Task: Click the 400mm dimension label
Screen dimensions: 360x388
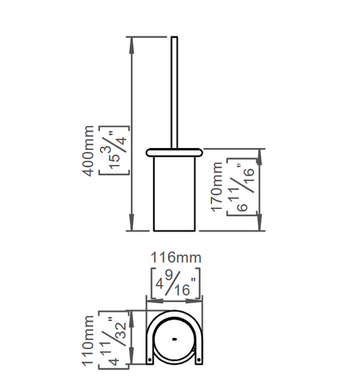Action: (89, 151)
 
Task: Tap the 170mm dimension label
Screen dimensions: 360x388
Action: (217, 187)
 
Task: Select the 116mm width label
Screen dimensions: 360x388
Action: (176, 258)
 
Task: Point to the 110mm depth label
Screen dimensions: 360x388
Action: (88, 341)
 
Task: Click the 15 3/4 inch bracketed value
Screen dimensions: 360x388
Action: (114, 151)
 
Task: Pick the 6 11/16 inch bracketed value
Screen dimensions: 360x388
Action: (242, 187)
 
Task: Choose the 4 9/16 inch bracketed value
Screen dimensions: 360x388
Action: (176, 283)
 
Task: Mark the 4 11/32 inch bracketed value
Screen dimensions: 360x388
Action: (114, 340)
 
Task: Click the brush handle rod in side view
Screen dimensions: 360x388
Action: (174, 93)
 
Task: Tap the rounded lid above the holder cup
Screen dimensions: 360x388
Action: (174, 153)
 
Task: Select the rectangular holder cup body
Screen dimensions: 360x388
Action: (174, 194)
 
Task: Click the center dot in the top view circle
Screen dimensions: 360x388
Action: (174, 339)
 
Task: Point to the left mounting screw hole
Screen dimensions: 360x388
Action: (149, 360)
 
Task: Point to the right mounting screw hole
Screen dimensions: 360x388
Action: (199, 360)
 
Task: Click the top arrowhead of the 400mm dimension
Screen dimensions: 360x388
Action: (132, 45)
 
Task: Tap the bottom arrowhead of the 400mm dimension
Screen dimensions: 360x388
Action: (132, 222)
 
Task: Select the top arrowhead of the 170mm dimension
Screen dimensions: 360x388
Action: (259, 157)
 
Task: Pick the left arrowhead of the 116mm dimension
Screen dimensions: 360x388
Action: (155, 301)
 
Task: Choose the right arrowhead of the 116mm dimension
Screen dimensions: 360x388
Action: (194, 301)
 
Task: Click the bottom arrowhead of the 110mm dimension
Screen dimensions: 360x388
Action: (132, 356)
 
